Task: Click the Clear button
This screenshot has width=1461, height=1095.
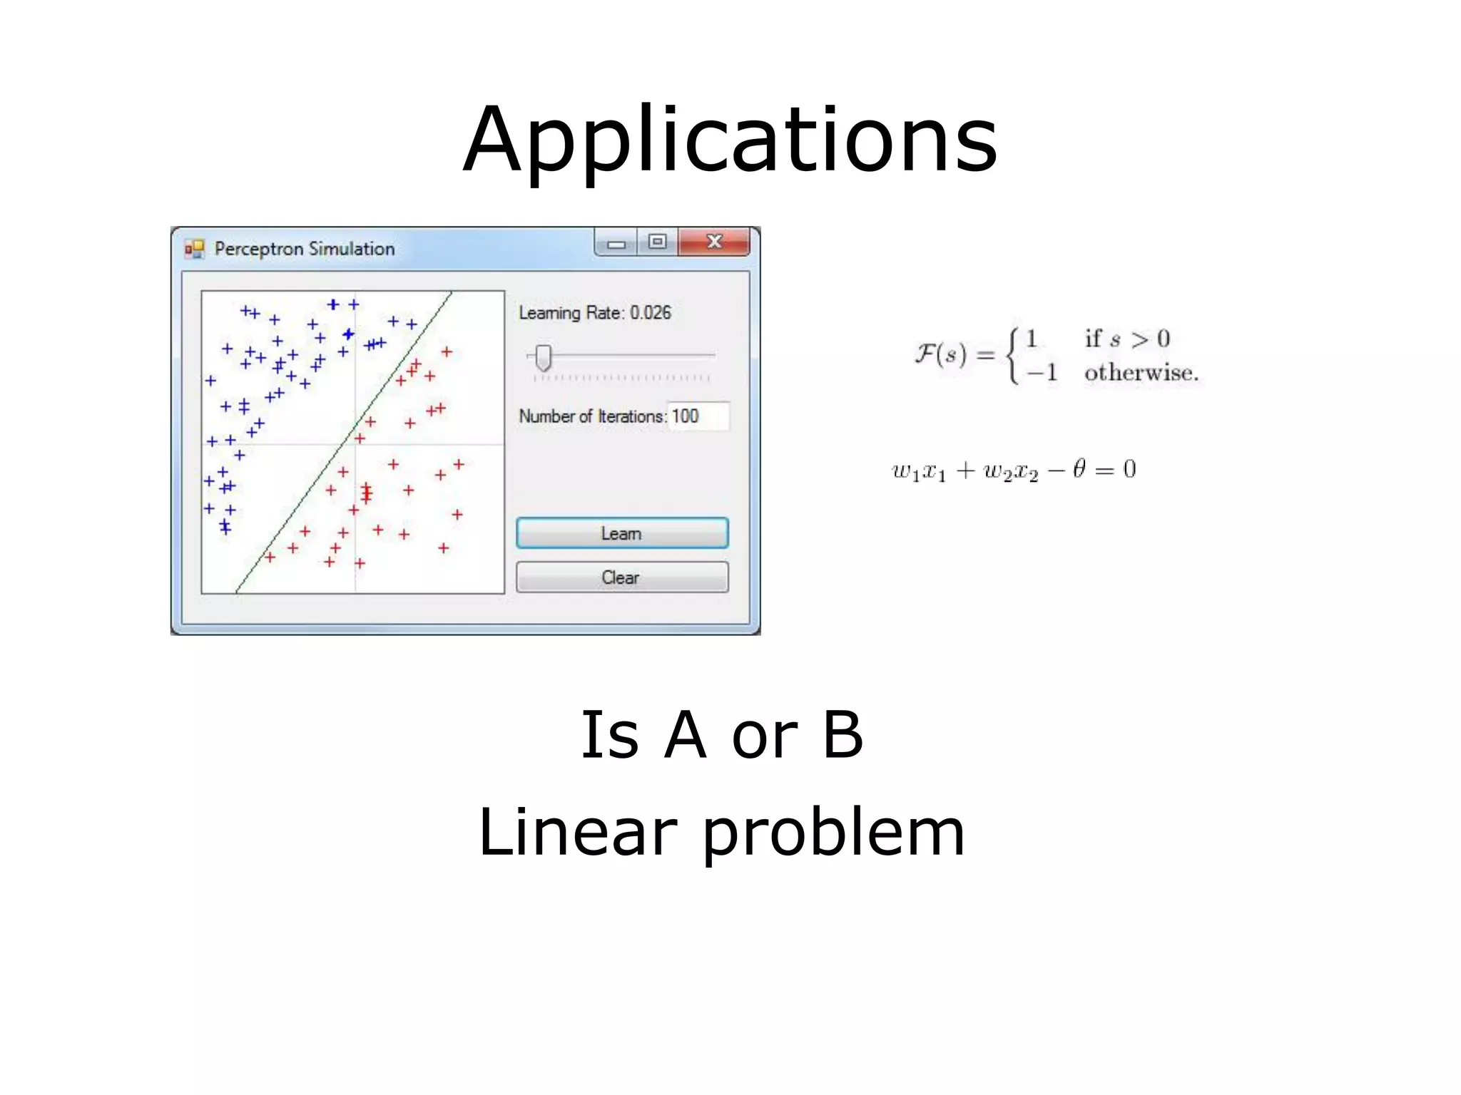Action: pyautogui.click(x=621, y=577)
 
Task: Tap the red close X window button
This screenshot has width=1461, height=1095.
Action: pyautogui.click(x=713, y=242)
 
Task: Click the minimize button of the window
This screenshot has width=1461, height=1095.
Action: pyautogui.click(x=616, y=243)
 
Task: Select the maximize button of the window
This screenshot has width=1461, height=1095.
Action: pyautogui.click(x=657, y=242)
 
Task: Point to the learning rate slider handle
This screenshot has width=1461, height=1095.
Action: pyautogui.click(x=544, y=358)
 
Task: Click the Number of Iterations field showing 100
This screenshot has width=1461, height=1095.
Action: pyautogui.click(x=698, y=416)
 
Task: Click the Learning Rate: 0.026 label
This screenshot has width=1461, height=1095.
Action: pyautogui.click(x=594, y=313)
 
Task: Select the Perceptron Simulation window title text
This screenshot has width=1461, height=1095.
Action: pyautogui.click(x=305, y=249)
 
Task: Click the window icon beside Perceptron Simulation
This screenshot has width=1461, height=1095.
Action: pyautogui.click(x=194, y=249)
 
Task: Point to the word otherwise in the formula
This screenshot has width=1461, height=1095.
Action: pyautogui.click(x=1141, y=373)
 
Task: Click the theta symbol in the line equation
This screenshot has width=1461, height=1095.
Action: pyautogui.click(x=1079, y=468)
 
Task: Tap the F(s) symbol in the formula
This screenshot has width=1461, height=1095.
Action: pyautogui.click(x=940, y=354)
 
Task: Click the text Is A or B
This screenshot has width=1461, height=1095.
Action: pyautogui.click(x=722, y=735)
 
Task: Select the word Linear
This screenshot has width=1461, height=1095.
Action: pyautogui.click(x=577, y=832)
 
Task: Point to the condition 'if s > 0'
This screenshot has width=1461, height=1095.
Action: pyautogui.click(x=1127, y=338)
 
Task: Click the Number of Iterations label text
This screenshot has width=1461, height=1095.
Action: pyautogui.click(x=592, y=416)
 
